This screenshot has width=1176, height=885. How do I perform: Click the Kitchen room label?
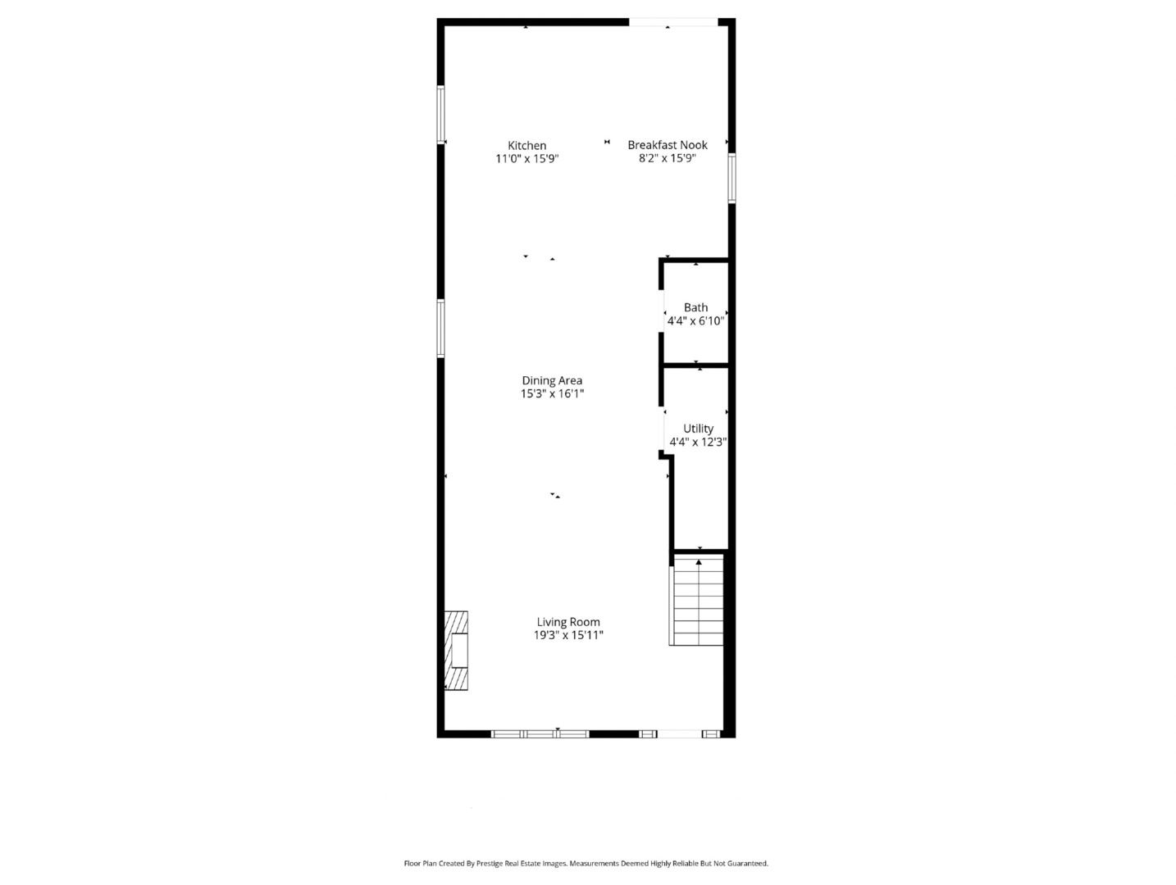pos(526,146)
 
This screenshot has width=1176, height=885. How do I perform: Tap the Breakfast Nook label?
pos(667,145)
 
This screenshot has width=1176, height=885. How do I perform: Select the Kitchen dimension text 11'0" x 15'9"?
pos(526,158)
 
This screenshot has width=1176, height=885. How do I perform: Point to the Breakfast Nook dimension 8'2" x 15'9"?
pos(667,158)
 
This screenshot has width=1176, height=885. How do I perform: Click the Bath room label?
pos(695,307)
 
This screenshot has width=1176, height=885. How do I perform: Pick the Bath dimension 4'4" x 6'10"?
pos(695,320)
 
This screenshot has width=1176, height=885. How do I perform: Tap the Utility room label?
pos(698,429)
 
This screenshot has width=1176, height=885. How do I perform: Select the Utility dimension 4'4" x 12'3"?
pos(698,442)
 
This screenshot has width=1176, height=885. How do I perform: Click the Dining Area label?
pos(552,381)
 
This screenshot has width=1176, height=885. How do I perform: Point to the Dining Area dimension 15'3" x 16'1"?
pos(552,393)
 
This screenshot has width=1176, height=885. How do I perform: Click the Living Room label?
pos(568,622)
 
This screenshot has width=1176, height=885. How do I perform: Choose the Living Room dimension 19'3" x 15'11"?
pos(568,635)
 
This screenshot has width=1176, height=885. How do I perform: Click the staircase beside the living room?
pos(697,600)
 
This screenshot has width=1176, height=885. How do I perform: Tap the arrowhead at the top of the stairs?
pos(699,561)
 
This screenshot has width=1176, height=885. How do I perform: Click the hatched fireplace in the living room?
pos(456,651)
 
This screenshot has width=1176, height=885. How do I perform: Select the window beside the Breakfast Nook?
pos(732,179)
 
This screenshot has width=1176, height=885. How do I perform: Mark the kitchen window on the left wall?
pos(441,115)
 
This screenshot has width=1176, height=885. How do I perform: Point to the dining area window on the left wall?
pos(441,329)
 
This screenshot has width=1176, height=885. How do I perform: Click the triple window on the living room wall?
pos(540,734)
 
